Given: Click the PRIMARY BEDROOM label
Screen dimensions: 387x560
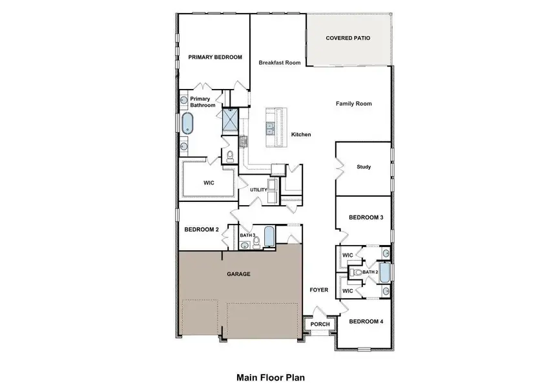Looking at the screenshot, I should click(x=215, y=57).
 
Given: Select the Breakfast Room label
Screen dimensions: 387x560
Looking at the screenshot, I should click(x=280, y=63).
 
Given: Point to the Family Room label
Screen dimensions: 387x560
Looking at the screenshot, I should click(x=353, y=103).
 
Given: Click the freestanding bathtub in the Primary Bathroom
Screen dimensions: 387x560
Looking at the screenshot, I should click(x=187, y=123).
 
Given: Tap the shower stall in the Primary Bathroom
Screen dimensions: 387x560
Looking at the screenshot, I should click(x=231, y=119).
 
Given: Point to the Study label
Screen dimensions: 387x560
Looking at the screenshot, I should click(x=364, y=167).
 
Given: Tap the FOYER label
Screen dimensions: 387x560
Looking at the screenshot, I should click(x=318, y=290).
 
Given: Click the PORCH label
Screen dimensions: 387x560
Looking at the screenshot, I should click(x=320, y=324).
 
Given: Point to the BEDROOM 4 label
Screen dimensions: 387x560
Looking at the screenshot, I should click(x=366, y=321).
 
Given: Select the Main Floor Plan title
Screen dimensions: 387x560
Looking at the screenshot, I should click(x=270, y=377).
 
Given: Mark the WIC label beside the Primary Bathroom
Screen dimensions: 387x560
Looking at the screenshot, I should click(x=209, y=183).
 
